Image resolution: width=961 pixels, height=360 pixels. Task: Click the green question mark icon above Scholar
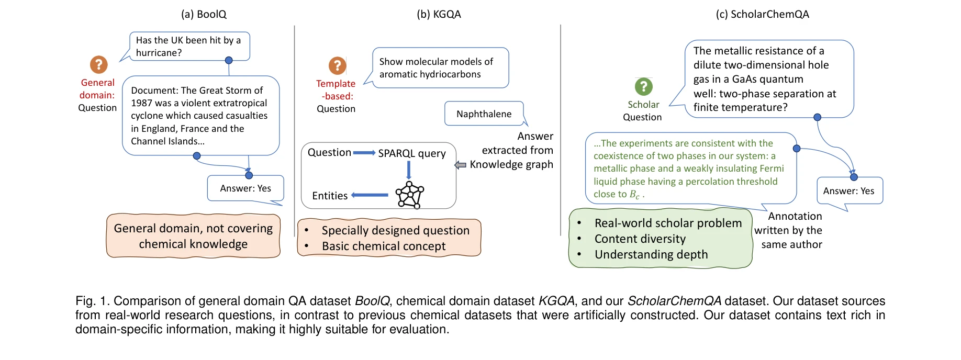pos(643,86)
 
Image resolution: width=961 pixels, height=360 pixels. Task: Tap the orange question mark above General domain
pos(98,65)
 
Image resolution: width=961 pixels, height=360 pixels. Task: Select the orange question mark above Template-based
pos(337,65)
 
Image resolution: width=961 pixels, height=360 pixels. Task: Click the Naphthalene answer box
pos(484,114)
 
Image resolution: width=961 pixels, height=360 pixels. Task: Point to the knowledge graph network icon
pos(409,195)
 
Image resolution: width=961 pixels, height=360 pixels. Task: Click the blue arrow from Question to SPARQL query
pos(364,153)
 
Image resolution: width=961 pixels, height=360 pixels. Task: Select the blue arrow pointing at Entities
pos(370,195)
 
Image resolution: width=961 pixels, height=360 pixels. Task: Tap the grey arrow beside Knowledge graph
pos(460,165)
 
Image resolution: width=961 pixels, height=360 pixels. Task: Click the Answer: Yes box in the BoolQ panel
pos(245,188)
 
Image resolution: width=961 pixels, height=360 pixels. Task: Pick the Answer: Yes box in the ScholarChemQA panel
pos(848,191)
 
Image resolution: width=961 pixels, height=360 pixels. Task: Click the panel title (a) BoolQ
pos(204,14)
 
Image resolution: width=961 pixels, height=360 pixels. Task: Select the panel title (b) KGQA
pos(439,14)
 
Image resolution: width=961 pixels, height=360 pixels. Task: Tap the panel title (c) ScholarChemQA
pos(762,14)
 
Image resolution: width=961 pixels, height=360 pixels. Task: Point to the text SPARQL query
pos(412,153)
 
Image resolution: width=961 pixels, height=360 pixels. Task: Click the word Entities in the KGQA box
pos(330,196)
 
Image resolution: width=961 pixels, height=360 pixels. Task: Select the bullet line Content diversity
pos(640,239)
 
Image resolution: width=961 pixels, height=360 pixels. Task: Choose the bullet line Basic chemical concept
pos(384,246)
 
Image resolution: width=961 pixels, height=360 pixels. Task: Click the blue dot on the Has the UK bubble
pos(229,60)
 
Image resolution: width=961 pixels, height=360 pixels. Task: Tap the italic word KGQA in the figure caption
pos(556,301)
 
